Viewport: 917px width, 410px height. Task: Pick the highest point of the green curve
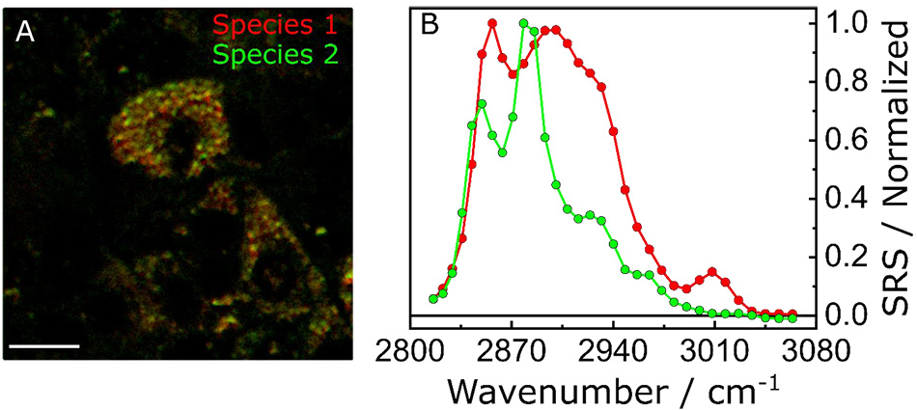523,23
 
